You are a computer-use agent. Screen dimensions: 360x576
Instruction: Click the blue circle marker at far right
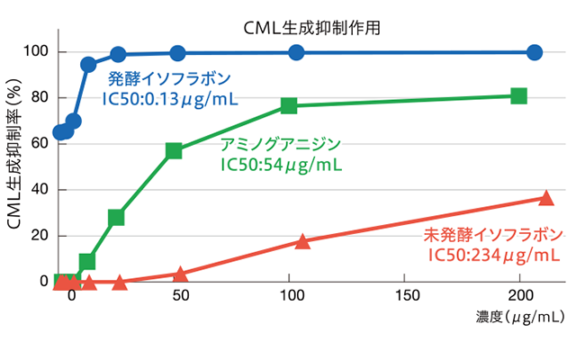pos(535,52)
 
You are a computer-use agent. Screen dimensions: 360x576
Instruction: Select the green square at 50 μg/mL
pos(174,150)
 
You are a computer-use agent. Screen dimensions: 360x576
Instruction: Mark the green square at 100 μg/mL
pos(289,105)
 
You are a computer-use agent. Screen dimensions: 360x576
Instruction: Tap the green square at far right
pos(518,95)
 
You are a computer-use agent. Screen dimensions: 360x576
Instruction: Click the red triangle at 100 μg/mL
pos(302,241)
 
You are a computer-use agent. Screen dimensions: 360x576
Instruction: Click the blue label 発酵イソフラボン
pos(168,77)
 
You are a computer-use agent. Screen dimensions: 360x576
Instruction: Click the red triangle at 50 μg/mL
pos(180,274)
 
